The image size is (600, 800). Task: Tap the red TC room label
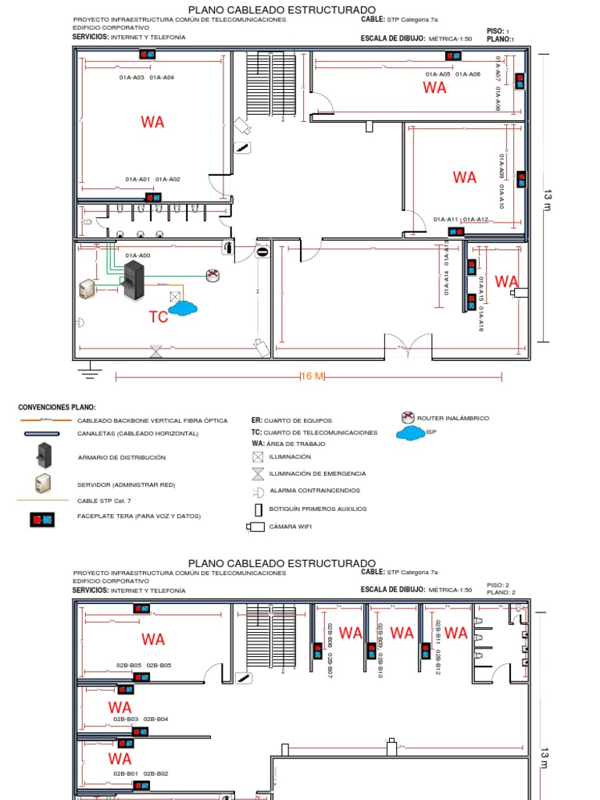(x=159, y=317)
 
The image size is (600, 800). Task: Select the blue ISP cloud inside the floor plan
(x=182, y=309)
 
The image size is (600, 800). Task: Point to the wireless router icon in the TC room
(x=212, y=274)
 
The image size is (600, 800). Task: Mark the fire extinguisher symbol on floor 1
(x=227, y=248)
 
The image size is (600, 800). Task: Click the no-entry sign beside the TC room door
(x=262, y=252)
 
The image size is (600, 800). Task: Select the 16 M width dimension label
(x=312, y=377)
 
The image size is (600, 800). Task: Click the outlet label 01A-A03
(x=131, y=77)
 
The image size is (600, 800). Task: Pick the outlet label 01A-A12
(x=475, y=220)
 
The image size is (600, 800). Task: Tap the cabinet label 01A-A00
(x=137, y=255)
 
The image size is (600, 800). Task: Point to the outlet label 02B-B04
(x=156, y=719)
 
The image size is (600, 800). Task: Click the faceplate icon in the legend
(x=42, y=519)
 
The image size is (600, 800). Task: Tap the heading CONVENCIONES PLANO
(x=56, y=408)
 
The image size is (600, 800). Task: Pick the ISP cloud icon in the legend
(x=408, y=433)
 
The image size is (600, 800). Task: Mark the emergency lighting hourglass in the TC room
(x=156, y=351)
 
